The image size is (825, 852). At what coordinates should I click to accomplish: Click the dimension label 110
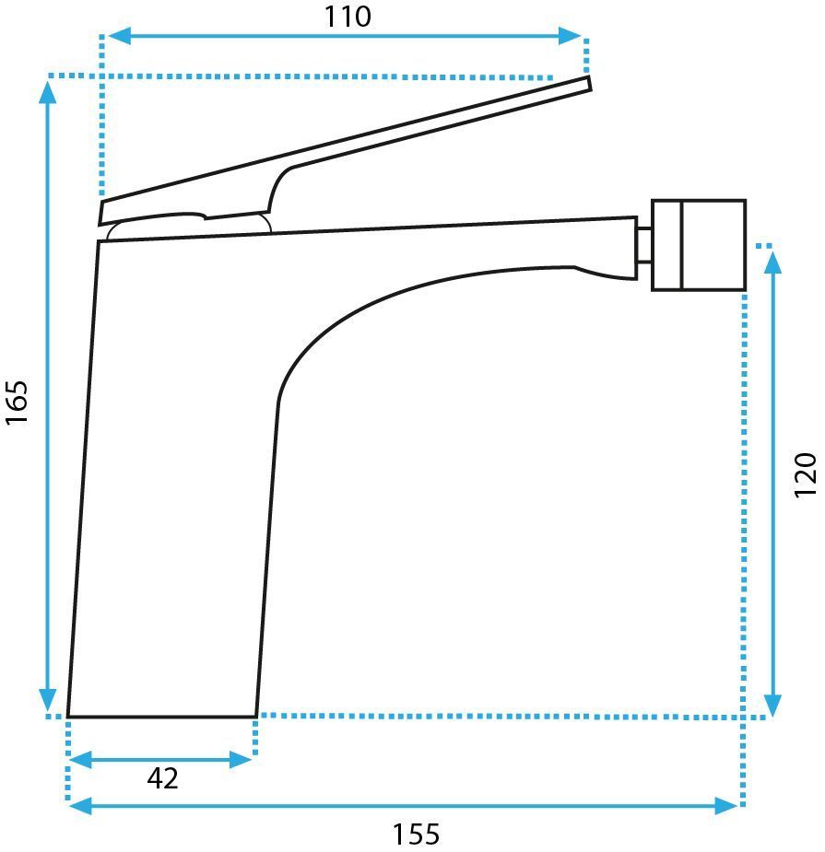[x=347, y=17]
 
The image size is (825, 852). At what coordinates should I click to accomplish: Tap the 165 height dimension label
[x=17, y=403]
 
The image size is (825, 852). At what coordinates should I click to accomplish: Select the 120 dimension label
[x=805, y=474]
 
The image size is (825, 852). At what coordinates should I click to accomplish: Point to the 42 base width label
[x=162, y=778]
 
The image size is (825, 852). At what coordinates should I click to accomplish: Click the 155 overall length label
[x=416, y=834]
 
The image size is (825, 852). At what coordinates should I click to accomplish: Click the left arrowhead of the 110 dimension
[x=119, y=36]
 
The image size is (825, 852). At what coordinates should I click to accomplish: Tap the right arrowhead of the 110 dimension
[x=571, y=36]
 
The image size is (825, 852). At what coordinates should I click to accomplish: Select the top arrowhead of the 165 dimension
[x=48, y=91]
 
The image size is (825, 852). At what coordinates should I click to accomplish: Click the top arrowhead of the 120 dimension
[x=772, y=263]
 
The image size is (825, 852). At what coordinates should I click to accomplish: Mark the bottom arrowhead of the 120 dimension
[x=772, y=706]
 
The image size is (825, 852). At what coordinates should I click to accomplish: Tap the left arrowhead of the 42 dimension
[x=80, y=760]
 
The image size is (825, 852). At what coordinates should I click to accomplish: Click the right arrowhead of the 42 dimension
[x=241, y=760]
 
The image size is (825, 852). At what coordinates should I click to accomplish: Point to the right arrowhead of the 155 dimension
[x=726, y=806]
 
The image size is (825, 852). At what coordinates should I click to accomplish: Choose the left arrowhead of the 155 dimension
[x=80, y=806]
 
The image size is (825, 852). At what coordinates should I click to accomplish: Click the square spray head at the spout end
[x=699, y=245]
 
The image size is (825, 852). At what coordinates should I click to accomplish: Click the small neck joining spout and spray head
[x=644, y=245]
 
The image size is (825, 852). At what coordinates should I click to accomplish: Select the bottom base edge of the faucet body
[x=162, y=717]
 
